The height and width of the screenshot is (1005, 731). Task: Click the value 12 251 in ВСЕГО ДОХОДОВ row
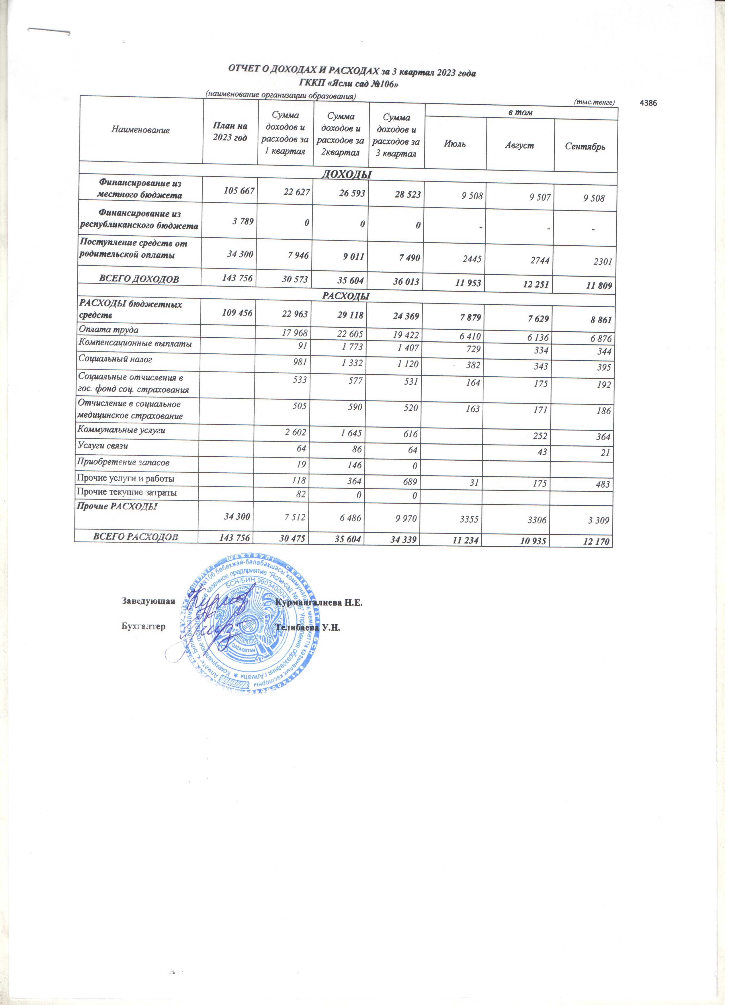[537, 284]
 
